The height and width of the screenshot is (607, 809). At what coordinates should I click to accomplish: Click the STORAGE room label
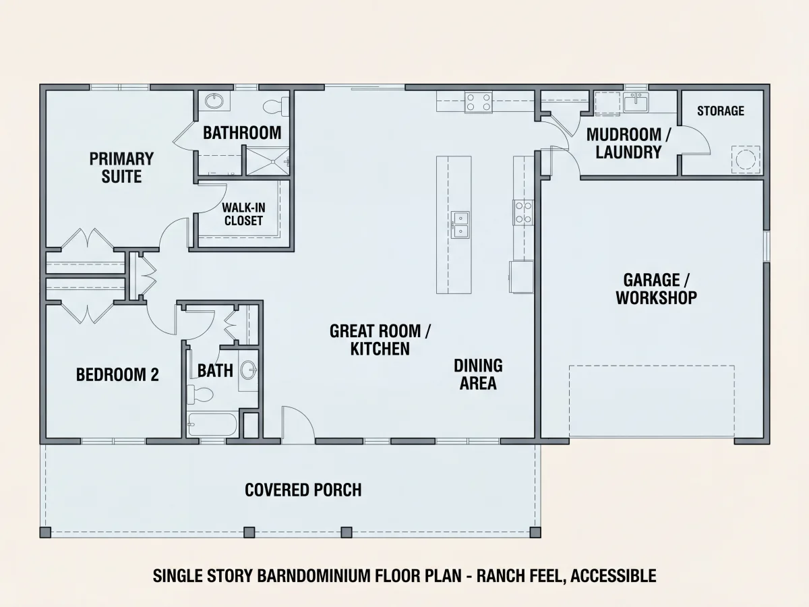point(720,111)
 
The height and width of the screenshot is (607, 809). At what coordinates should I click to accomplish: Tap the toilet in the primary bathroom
point(276,107)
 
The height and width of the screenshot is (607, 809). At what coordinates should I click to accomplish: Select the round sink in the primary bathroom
point(214,100)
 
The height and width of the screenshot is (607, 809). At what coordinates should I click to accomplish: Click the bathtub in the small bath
point(212,424)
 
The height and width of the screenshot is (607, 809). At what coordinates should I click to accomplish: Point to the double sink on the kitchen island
point(460,225)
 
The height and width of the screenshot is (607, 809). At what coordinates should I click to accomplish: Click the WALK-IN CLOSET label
point(243,214)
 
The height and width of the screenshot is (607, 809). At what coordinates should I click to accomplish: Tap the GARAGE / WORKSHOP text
point(656,289)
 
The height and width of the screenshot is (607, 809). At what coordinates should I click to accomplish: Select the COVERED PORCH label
point(303,490)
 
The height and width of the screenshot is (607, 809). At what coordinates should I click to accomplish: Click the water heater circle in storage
point(746,160)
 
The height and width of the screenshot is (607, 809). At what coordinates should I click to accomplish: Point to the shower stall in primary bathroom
point(268,161)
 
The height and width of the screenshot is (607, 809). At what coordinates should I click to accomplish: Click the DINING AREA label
point(478,374)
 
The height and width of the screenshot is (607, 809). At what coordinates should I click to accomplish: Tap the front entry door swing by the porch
point(298,423)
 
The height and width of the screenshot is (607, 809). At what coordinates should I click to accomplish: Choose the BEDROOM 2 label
point(117,375)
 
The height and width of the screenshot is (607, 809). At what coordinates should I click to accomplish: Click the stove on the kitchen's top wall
point(479,103)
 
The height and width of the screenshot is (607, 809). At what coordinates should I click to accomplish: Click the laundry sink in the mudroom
point(636,102)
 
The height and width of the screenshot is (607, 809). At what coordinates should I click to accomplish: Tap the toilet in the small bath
point(200,395)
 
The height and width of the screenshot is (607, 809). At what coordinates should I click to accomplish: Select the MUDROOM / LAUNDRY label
point(628,144)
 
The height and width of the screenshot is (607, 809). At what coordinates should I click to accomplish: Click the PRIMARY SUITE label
point(121,168)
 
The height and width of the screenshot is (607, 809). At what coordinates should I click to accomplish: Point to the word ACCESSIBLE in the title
point(613,576)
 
